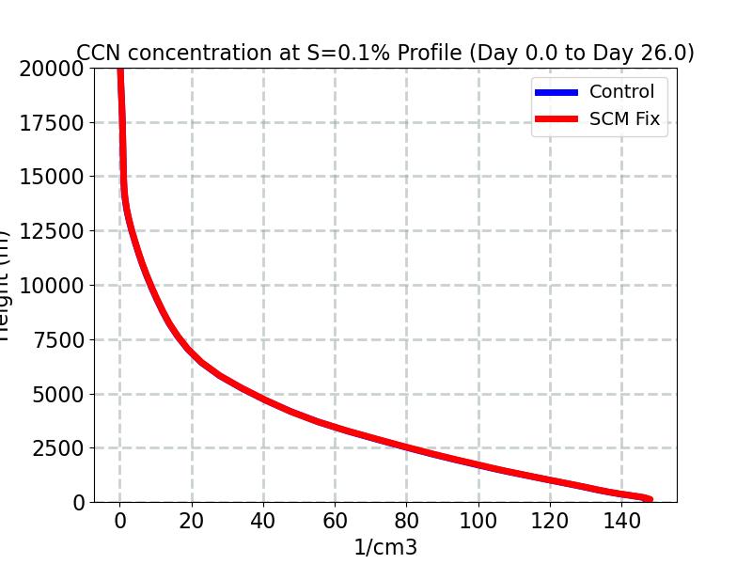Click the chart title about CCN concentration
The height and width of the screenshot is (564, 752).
[x=385, y=53]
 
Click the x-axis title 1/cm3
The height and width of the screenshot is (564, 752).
[x=384, y=547]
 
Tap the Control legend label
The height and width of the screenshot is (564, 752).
[x=621, y=92]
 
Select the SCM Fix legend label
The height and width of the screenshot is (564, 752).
[x=624, y=119]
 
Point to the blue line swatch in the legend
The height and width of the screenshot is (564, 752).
[x=556, y=92]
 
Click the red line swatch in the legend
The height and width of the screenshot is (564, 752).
[x=556, y=119]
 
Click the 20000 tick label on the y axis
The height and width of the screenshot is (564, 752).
[x=52, y=69]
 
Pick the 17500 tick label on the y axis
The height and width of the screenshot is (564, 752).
[x=52, y=123]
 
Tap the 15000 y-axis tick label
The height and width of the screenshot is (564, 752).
[x=52, y=177]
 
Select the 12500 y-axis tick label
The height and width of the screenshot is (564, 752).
[x=52, y=231]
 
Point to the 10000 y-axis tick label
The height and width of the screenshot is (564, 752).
[x=52, y=286]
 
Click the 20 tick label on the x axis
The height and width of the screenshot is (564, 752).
[x=192, y=522]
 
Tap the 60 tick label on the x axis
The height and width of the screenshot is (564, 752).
[x=335, y=522]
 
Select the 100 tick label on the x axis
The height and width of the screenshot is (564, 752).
[x=478, y=522]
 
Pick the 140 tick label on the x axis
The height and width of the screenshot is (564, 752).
[x=621, y=522]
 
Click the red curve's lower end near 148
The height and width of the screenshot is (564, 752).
[x=648, y=499]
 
